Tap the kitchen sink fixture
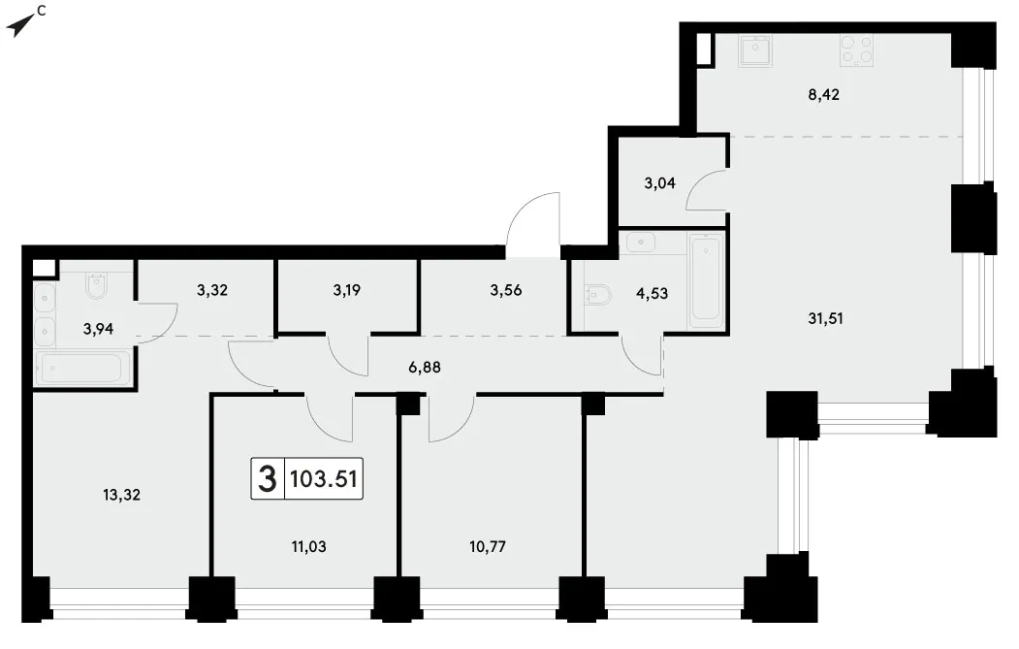coord(755,50)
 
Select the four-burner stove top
coord(856,50)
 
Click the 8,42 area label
coord(823,95)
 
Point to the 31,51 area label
coord(825,318)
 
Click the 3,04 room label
coord(659,183)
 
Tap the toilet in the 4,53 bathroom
coord(598,296)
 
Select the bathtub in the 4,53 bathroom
coord(705,280)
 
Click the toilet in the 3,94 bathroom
coord(96,286)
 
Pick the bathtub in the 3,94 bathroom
coord(80,368)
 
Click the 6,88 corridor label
coord(425,368)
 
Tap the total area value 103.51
coord(323,479)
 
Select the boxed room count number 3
coord(267,479)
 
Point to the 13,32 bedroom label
coord(121,495)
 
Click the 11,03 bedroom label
coord(308,547)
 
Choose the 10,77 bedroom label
coord(488,547)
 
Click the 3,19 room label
coord(346,290)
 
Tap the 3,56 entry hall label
coord(505,290)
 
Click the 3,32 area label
coord(212,290)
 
